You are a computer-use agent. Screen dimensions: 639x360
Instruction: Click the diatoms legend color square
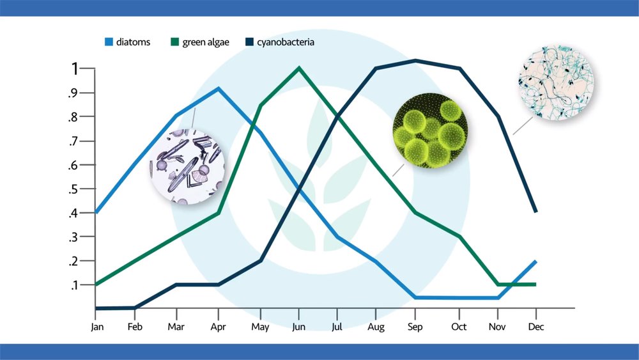tap(109, 42)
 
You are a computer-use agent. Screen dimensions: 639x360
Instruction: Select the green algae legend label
tap(206, 42)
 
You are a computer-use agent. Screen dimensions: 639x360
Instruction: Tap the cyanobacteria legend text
tap(286, 42)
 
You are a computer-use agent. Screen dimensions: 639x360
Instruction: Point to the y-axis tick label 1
tap(75, 69)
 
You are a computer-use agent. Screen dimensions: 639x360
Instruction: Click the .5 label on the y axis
tap(73, 189)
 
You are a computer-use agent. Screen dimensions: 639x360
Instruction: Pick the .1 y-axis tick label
tap(73, 285)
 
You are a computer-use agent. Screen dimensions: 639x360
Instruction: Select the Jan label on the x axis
tap(97, 327)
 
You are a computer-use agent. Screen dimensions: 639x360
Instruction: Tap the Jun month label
tap(298, 327)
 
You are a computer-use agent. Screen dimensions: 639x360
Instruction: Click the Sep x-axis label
tap(415, 327)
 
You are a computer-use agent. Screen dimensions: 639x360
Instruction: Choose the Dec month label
tap(536, 327)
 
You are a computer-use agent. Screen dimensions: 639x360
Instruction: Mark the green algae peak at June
tap(299, 68)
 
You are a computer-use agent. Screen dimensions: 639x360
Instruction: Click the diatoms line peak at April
tap(219, 88)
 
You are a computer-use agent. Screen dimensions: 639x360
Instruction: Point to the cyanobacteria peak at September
tap(415, 61)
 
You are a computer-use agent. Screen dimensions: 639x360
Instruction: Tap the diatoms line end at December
tap(535, 262)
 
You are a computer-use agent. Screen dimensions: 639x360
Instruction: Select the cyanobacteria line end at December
tap(535, 211)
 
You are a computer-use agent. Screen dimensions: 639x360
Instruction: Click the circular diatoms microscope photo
tap(187, 166)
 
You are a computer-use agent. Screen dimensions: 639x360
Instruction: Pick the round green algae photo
tap(430, 130)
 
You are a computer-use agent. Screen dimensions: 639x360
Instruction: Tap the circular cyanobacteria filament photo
tap(556, 82)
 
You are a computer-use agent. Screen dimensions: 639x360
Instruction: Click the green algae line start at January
tap(96, 284)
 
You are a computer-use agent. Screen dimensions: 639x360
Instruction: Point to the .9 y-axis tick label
tap(73, 93)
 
